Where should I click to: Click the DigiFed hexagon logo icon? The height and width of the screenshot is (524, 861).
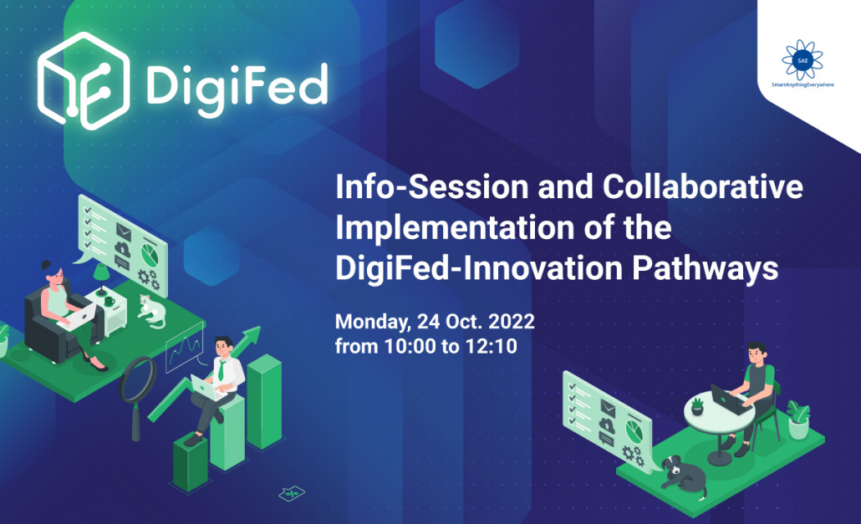(84, 81)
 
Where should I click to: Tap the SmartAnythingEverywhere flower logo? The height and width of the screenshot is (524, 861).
(802, 60)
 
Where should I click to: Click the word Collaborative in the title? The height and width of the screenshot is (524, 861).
(703, 186)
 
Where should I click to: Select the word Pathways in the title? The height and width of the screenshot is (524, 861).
(705, 269)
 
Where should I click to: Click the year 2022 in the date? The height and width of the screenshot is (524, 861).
(512, 321)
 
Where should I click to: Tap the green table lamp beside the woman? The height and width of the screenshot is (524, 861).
(101, 277)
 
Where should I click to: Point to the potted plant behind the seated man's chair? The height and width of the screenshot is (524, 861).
(797, 419)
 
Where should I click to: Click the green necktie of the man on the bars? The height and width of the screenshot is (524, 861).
(222, 370)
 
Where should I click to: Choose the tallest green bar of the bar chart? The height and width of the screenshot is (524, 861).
(264, 400)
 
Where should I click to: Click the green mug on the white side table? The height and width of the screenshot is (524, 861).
(109, 301)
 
